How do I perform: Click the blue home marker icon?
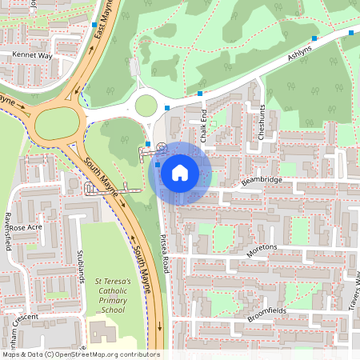[x=180, y=172]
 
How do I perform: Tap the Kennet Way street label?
[x=32, y=56]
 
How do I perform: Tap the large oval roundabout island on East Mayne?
[x=59, y=122]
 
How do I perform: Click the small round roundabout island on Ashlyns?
[x=146, y=105]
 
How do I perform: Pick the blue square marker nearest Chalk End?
[x=199, y=94]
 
